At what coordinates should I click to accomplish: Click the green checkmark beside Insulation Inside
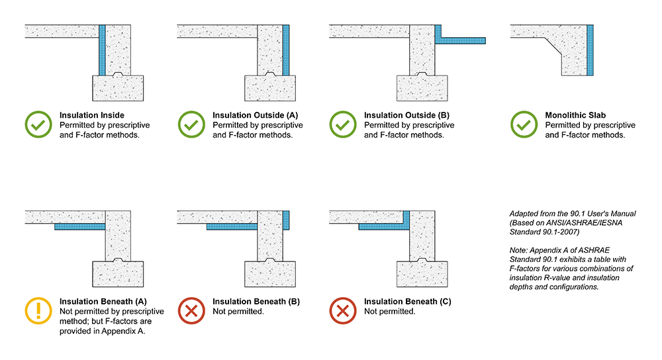[x=38, y=124]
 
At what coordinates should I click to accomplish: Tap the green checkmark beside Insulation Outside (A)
[x=191, y=124]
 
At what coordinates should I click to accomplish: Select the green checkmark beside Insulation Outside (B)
[x=344, y=124]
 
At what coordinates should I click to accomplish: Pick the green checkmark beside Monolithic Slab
[x=524, y=124]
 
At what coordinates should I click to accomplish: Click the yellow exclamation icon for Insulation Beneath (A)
[x=38, y=310]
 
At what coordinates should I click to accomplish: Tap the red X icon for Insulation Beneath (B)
[x=191, y=310]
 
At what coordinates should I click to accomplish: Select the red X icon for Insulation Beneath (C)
[x=344, y=310]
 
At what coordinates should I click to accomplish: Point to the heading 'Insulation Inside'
[x=93, y=115]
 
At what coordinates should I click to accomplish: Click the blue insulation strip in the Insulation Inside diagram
[x=102, y=50]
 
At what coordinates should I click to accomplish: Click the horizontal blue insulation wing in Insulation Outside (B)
[x=464, y=40]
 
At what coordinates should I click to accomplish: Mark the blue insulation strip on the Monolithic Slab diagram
[x=589, y=50]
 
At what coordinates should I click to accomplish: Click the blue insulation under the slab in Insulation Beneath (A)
[x=79, y=227]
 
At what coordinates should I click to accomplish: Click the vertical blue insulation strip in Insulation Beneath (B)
[x=286, y=220]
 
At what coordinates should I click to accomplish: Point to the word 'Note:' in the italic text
[x=520, y=248]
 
